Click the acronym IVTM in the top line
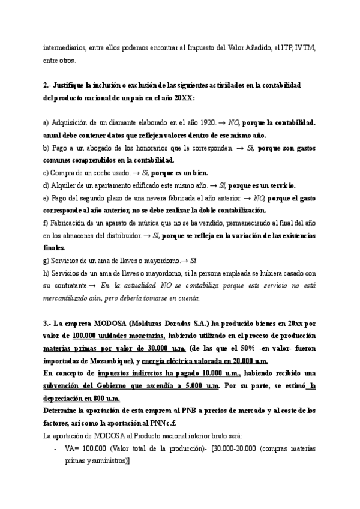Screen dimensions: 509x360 tap(306, 47)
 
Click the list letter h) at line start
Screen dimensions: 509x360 tap(46, 273)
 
